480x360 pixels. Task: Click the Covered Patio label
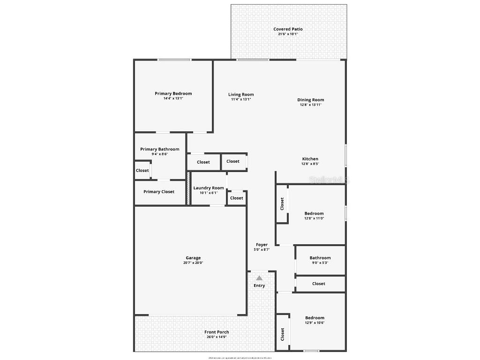(288, 29)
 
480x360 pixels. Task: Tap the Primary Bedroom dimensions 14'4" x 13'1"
(173, 98)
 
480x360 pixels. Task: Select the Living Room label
(241, 94)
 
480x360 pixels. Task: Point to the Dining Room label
(310, 100)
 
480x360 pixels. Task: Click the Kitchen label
(310, 159)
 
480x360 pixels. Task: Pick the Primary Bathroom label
(159, 149)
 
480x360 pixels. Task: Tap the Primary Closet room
(159, 192)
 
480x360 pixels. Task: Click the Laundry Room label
(209, 188)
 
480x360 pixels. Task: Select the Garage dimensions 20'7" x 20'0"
(193, 263)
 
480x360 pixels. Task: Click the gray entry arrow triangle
(259, 278)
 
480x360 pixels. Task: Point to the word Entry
(259, 285)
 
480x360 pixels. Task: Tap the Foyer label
(262, 245)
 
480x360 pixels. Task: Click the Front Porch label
(217, 332)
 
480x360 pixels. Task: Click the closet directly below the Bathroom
(319, 284)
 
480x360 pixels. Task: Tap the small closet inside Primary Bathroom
(142, 171)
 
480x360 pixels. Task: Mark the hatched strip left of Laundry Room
(188, 188)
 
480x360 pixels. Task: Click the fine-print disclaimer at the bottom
(240, 358)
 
